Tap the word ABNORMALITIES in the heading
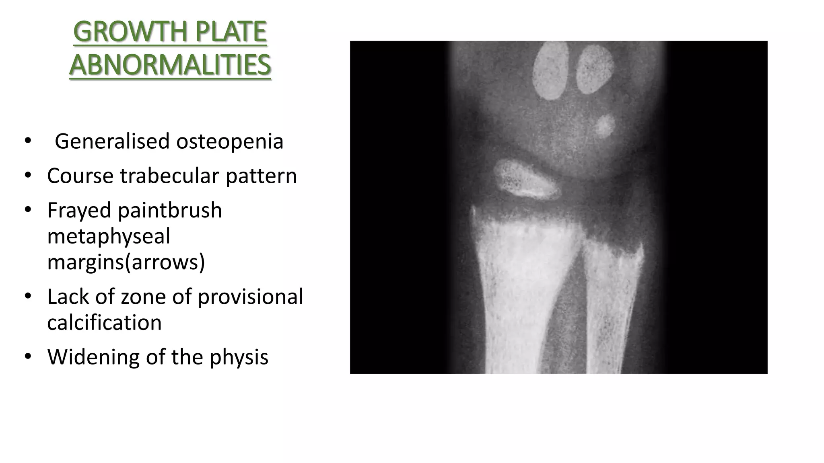pos(170,65)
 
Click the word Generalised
pos(112,141)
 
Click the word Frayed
pos(79,210)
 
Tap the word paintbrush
pos(170,210)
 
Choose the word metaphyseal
pos(109,236)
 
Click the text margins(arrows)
pos(126,262)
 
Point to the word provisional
pos(250,297)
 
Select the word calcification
pos(104,322)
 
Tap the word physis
pos(239,357)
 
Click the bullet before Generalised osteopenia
pos(27,141)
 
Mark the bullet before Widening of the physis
pos(27,356)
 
